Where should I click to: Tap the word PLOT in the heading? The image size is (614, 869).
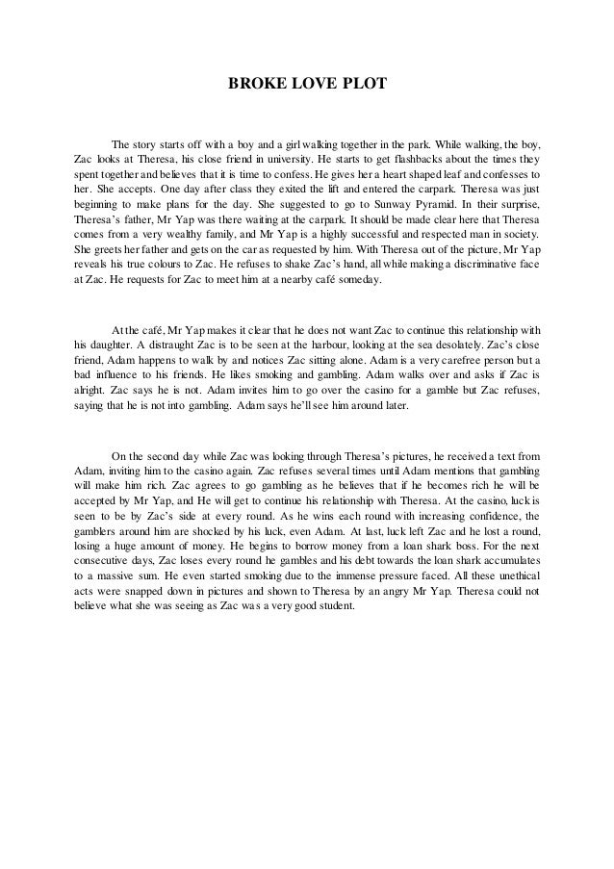coord(365,85)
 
